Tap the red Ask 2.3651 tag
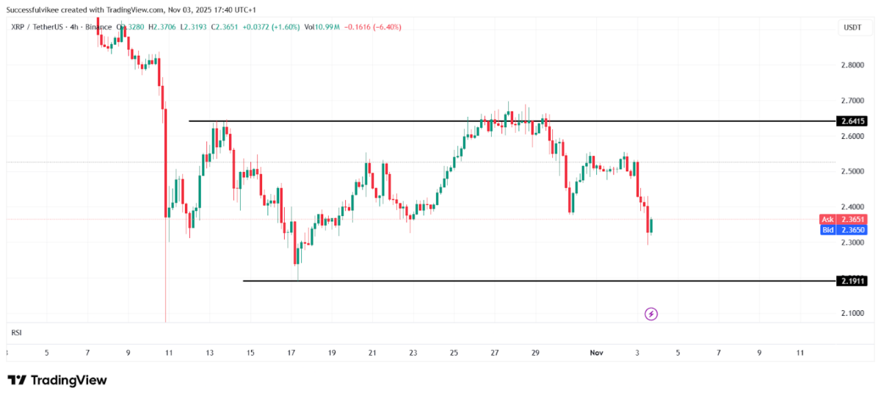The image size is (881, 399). [x=844, y=219]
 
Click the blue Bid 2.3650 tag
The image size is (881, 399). [x=844, y=230]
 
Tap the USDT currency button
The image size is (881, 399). [x=852, y=27]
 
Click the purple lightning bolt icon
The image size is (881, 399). [x=651, y=314]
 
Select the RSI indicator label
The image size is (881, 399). [x=16, y=333]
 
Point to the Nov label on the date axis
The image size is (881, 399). [x=596, y=353]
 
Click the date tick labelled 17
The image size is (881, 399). [x=291, y=353]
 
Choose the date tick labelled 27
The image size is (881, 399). [x=495, y=353]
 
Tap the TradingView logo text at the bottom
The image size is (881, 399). [x=57, y=380]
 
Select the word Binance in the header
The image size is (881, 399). [x=98, y=27]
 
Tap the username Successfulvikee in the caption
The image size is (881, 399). [x=34, y=10]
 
